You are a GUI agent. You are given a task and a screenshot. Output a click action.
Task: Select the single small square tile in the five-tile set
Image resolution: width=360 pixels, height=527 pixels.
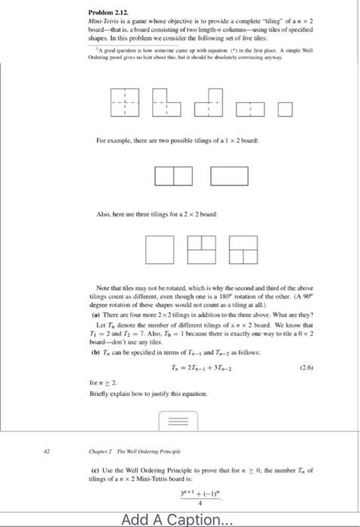point(284,115)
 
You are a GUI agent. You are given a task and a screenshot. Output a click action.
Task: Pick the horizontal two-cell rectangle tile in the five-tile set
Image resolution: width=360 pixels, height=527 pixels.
point(249,114)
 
